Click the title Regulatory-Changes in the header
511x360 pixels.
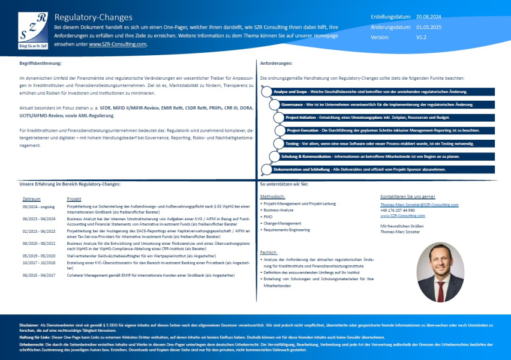pos(93,17)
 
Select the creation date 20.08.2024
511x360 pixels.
pos(429,17)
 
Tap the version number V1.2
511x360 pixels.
pos(422,37)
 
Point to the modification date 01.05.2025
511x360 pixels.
pos(429,27)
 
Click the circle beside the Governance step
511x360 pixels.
pos(275,104)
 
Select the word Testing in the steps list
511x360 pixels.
pos(292,143)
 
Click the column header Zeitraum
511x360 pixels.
pos(31,198)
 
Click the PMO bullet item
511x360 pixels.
pos(267,217)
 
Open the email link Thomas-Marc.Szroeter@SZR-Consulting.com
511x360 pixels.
pos(419,205)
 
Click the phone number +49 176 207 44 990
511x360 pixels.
pos(398,210)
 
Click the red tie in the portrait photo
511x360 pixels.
pos(441,290)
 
